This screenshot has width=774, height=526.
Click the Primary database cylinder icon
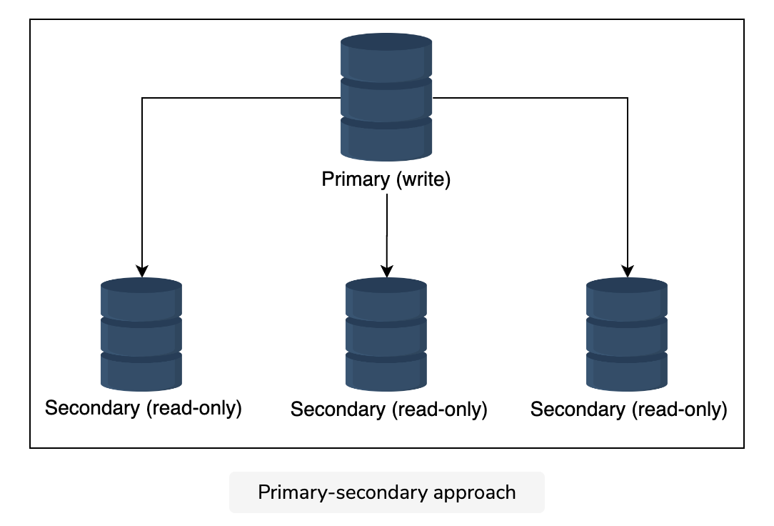click(386, 96)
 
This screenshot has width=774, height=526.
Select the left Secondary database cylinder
click(141, 334)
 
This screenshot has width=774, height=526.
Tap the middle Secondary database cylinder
click(386, 334)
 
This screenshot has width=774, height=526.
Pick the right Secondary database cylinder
click(627, 334)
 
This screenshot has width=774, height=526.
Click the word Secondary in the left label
click(92, 409)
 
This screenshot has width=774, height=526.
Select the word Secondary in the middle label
click(338, 410)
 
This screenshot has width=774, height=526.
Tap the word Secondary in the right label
click(578, 410)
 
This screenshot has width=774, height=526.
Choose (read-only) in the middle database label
click(439, 410)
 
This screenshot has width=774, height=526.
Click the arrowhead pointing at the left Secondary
click(142, 272)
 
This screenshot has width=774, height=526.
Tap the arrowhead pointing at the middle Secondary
click(387, 272)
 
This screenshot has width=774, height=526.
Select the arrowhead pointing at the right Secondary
click(628, 272)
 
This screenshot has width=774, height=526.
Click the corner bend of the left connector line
click(142, 98)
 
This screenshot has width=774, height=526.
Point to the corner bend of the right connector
click(628, 98)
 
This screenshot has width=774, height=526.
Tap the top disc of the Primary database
click(386, 41)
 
